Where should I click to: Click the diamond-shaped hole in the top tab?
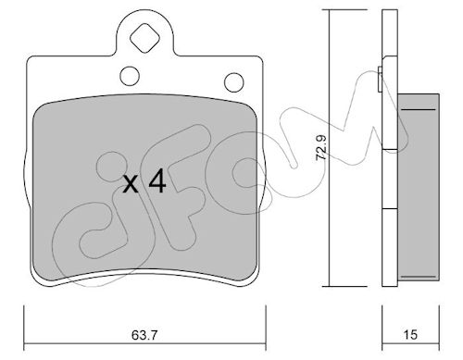(x=144, y=39)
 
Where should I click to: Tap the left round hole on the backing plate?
(x=130, y=77)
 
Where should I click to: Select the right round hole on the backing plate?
(x=234, y=82)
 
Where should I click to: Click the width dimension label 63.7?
(x=144, y=335)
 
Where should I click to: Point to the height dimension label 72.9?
(x=321, y=147)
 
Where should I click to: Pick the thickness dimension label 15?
(x=410, y=335)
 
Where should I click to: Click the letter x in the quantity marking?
(x=131, y=184)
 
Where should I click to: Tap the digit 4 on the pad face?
(x=157, y=181)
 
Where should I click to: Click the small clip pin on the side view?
(x=381, y=79)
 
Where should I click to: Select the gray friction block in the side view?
(x=419, y=187)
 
